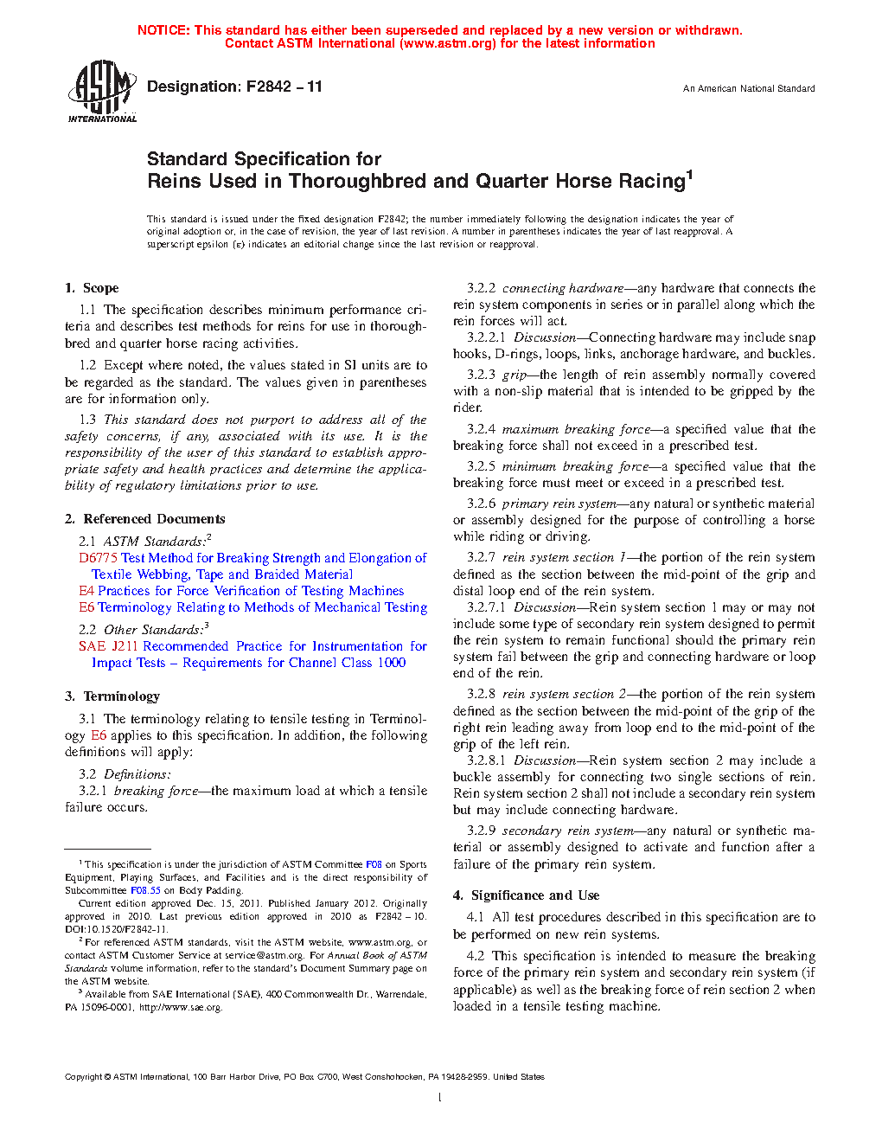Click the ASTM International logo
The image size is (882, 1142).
pyautogui.click(x=102, y=91)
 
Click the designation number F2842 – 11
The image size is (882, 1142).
pyautogui.click(x=284, y=87)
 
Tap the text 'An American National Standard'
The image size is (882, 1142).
pyautogui.click(x=749, y=88)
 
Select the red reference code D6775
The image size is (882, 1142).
pyautogui.click(x=98, y=558)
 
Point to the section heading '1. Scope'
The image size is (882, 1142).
pyautogui.click(x=92, y=288)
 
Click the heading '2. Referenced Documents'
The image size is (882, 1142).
pyautogui.click(x=144, y=519)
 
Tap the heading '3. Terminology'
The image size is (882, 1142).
pyautogui.click(x=112, y=696)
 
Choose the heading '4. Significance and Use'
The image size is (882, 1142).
pyautogui.click(x=526, y=895)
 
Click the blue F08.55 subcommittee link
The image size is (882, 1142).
pyautogui.click(x=145, y=890)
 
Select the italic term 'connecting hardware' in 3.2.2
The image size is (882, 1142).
pyautogui.click(x=563, y=288)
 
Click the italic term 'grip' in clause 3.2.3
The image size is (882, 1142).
pyautogui.click(x=514, y=375)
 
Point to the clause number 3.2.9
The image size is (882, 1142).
pyautogui.click(x=482, y=831)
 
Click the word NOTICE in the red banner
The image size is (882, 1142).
pyautogui.click(x=163, y=30)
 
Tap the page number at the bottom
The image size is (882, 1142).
pyautogui.click(x=440, y=1098)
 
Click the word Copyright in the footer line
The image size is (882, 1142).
pyautogui.click(x=83, y=1077)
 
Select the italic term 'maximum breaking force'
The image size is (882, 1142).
pyautogui.click(x=576, y=429)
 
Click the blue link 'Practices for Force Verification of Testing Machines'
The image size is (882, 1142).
pyautogui.click(x=251, y=591)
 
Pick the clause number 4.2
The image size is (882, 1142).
pyautogui.click(x=476, y=956)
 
